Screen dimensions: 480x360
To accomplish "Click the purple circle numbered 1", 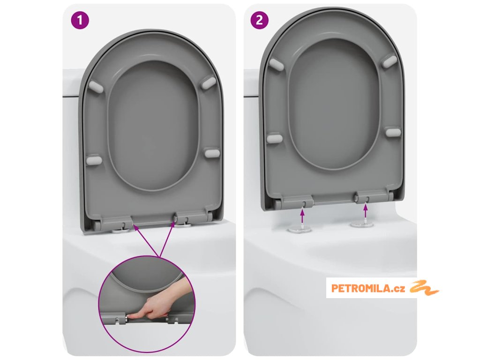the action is coord(80,20).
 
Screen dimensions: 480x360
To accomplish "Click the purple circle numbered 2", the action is coord(259,20).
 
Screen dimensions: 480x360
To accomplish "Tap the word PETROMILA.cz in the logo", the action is coord(368,288).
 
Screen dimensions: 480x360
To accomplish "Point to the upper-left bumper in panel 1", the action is coord(96,87).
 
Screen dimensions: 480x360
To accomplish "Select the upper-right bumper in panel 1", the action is coord(209,82).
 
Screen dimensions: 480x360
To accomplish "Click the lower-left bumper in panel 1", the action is coord(94,160).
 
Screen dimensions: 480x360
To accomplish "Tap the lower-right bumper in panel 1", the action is coord(212,153).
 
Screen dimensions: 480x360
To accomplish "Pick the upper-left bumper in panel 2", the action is coord(275,64).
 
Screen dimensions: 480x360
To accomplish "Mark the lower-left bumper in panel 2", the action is coord(275,138).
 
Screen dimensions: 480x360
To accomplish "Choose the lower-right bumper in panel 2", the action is coord(393,132).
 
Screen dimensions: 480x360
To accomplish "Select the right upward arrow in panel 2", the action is coord(365,212).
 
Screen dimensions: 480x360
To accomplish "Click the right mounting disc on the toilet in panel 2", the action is coord(362,225).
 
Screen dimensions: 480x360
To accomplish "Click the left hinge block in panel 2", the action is coord(297,201).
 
